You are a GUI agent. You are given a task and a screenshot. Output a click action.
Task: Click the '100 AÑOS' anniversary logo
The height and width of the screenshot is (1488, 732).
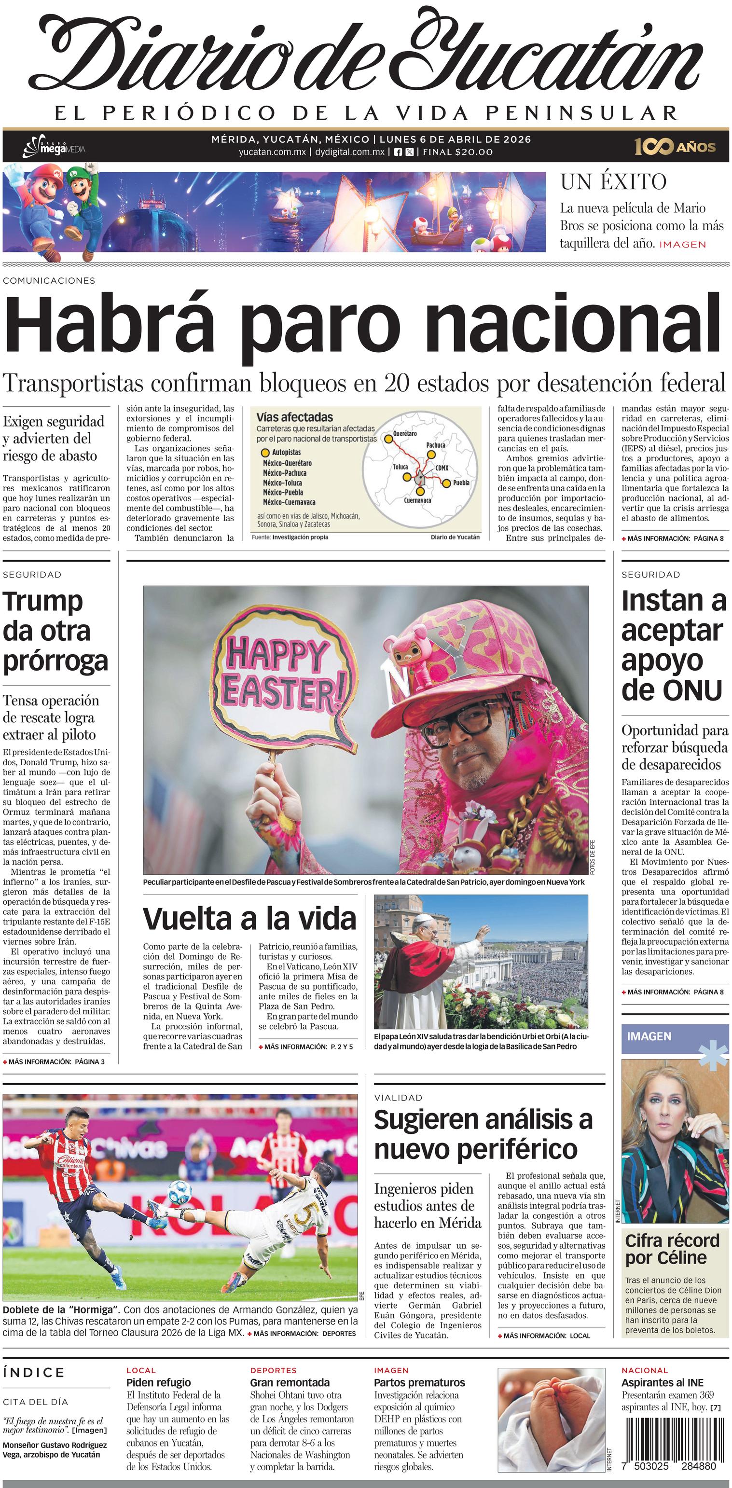[675, 147]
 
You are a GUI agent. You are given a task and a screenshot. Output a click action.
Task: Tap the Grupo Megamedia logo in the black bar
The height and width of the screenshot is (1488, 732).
[53, 148]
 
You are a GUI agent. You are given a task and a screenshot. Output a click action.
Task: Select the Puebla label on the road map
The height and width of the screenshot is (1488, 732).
[461, 482]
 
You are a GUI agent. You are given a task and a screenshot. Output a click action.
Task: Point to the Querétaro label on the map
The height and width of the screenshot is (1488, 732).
[404, 433]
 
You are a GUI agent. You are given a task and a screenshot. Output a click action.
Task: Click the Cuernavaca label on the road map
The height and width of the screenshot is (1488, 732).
[417, 500]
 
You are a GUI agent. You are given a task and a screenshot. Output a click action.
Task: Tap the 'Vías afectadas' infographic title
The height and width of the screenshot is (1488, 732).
[295, 417]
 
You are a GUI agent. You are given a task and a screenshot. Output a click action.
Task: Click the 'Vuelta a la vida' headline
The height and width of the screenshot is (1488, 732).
[249, 919]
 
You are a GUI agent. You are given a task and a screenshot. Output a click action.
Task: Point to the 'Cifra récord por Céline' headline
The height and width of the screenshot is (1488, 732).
[672, 1249]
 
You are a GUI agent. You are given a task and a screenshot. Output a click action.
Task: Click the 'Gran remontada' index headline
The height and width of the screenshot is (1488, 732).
[290, 1382]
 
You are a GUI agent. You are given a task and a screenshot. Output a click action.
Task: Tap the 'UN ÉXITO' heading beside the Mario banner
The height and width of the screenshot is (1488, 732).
[613, 182]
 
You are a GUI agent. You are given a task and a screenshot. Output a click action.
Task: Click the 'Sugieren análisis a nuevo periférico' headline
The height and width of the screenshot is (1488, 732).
[483, 1134]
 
